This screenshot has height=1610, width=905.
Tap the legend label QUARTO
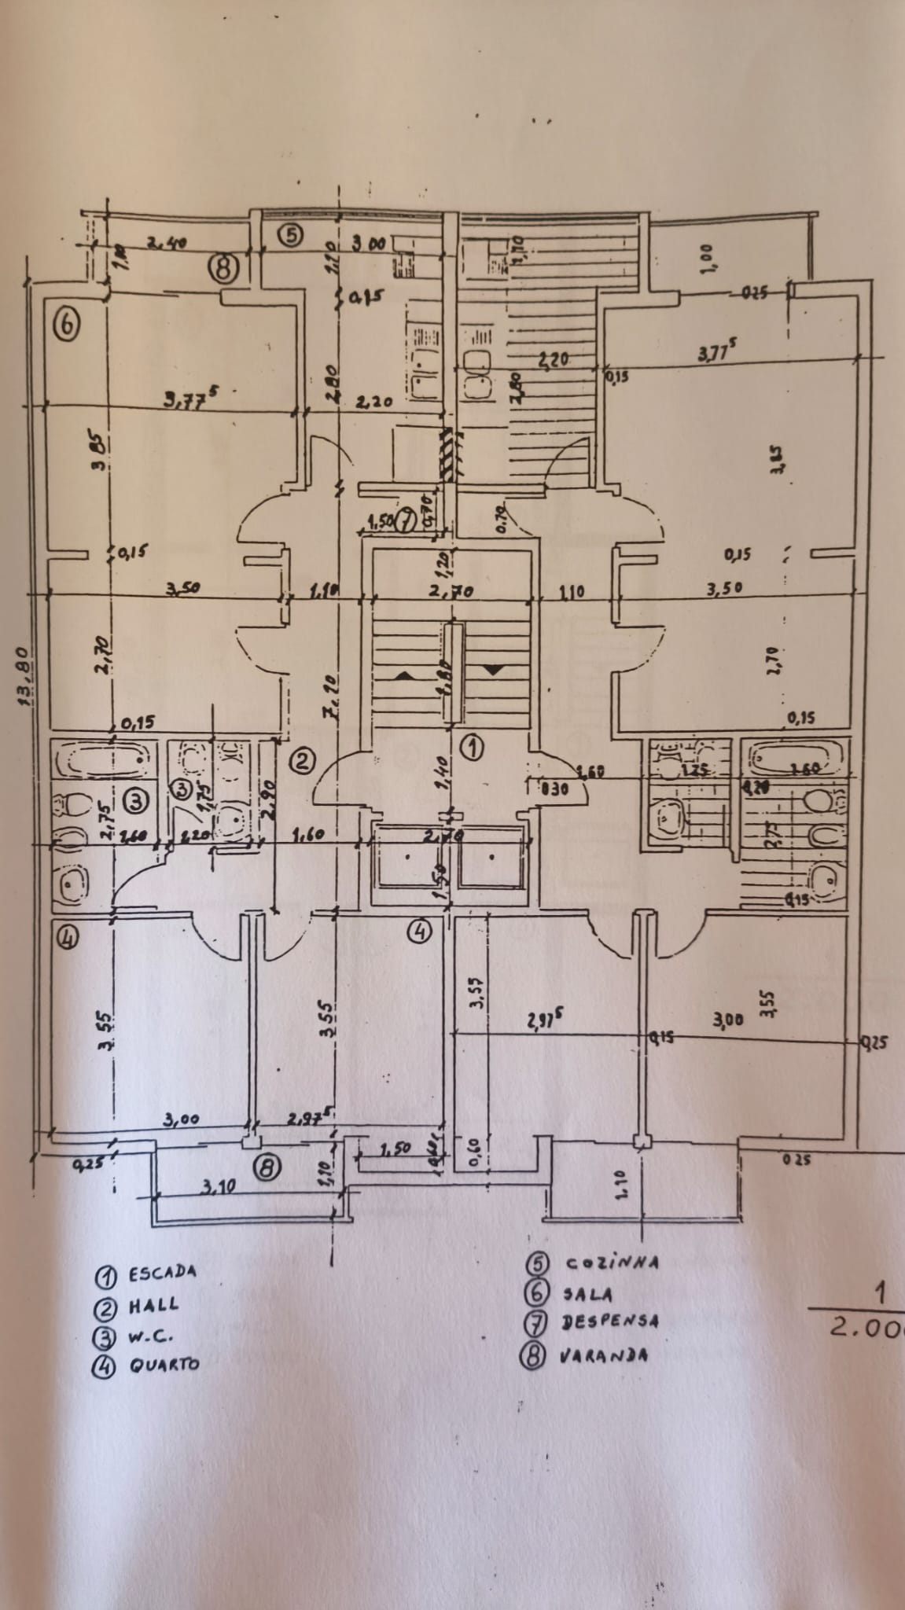click(164, 1364)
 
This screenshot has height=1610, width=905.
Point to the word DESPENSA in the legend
click(611, 1321)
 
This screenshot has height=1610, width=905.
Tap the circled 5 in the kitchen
click(290, 233)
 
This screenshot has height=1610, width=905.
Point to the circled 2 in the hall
click(303, 759)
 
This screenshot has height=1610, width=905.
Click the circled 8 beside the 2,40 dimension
click(223, 269)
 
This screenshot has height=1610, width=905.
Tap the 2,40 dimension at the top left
click(170, 244)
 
